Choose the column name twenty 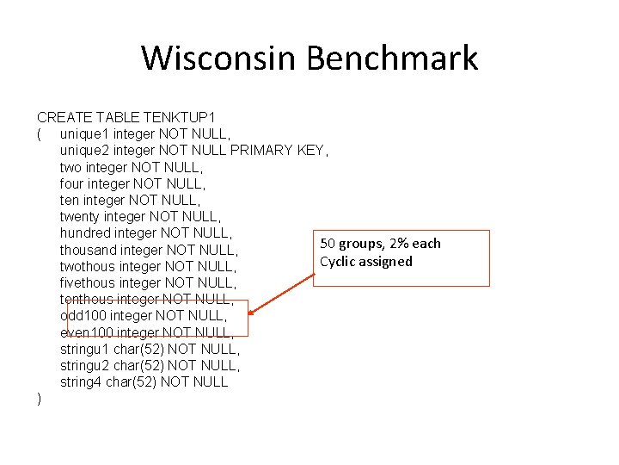[82, 216]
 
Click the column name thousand [89, 250]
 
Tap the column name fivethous [89, 282]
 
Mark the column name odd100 [83, 316]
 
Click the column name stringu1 [85, 349]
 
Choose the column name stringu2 [85, 365]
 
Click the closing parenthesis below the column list [40, 399]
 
